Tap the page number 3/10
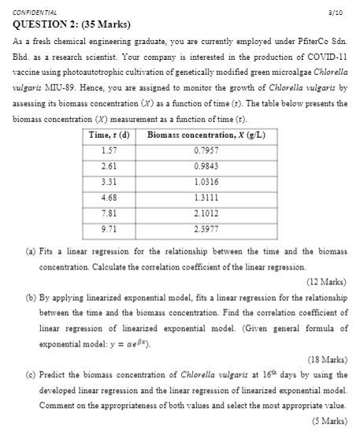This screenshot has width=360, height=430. pyautogui.click(x=336, y=13)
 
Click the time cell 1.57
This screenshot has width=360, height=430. pyautogui.click(x=109, y=150)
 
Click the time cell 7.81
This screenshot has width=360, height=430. pyautogui.click(x=109, y=213)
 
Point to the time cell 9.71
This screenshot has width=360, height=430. pyautogui.click(x=109, y=228)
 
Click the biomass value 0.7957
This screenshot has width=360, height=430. pyautogui.click(x=206, y=150)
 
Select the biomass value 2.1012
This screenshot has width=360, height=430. pyautogui.click(x=206, y=213)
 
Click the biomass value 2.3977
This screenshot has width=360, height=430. pyautogui.click(x=206, y=228)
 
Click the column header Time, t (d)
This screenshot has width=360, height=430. pyautogui.click(x=109, y=135)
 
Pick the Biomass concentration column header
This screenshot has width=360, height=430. pyautogui.click(x=206, y=135)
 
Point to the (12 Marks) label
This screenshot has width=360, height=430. pyautogui.click(x=326, y=281)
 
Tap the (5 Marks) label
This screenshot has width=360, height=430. pyautogui.click(x=328, y=421)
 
